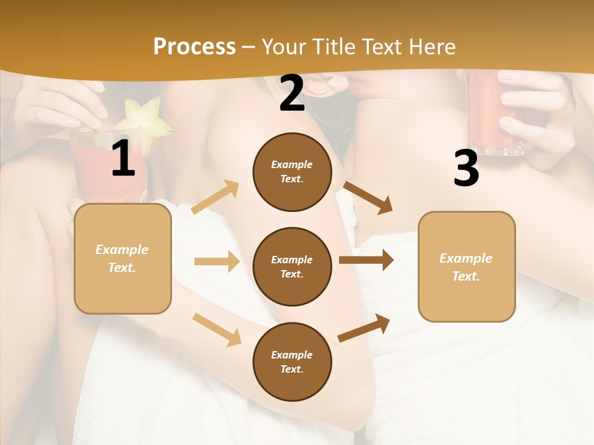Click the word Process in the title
tap(194, 46)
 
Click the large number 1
tap(123, 158)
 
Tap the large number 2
tap(292, 93)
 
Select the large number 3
tap(466, 169)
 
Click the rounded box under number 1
tap(123, 258)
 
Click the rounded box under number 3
tap(467, 266)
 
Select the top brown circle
tap(292, 172)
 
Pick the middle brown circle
tap(292, 266)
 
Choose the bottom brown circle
tap(292, 362)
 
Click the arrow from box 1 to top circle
tap(215, 197)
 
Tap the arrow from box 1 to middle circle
tap(217, 261)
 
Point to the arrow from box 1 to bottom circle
tap(217, 329)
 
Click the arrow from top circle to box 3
tap(368, 197)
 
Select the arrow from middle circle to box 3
tap(366, 260)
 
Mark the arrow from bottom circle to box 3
tap(364, 328)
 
